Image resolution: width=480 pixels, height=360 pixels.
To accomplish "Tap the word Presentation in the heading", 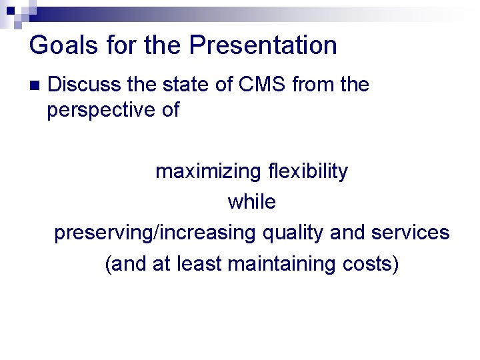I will point(263,45).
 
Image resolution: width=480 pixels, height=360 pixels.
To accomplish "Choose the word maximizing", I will point(208,171).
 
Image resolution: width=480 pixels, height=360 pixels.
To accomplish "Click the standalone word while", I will point(252,202).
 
